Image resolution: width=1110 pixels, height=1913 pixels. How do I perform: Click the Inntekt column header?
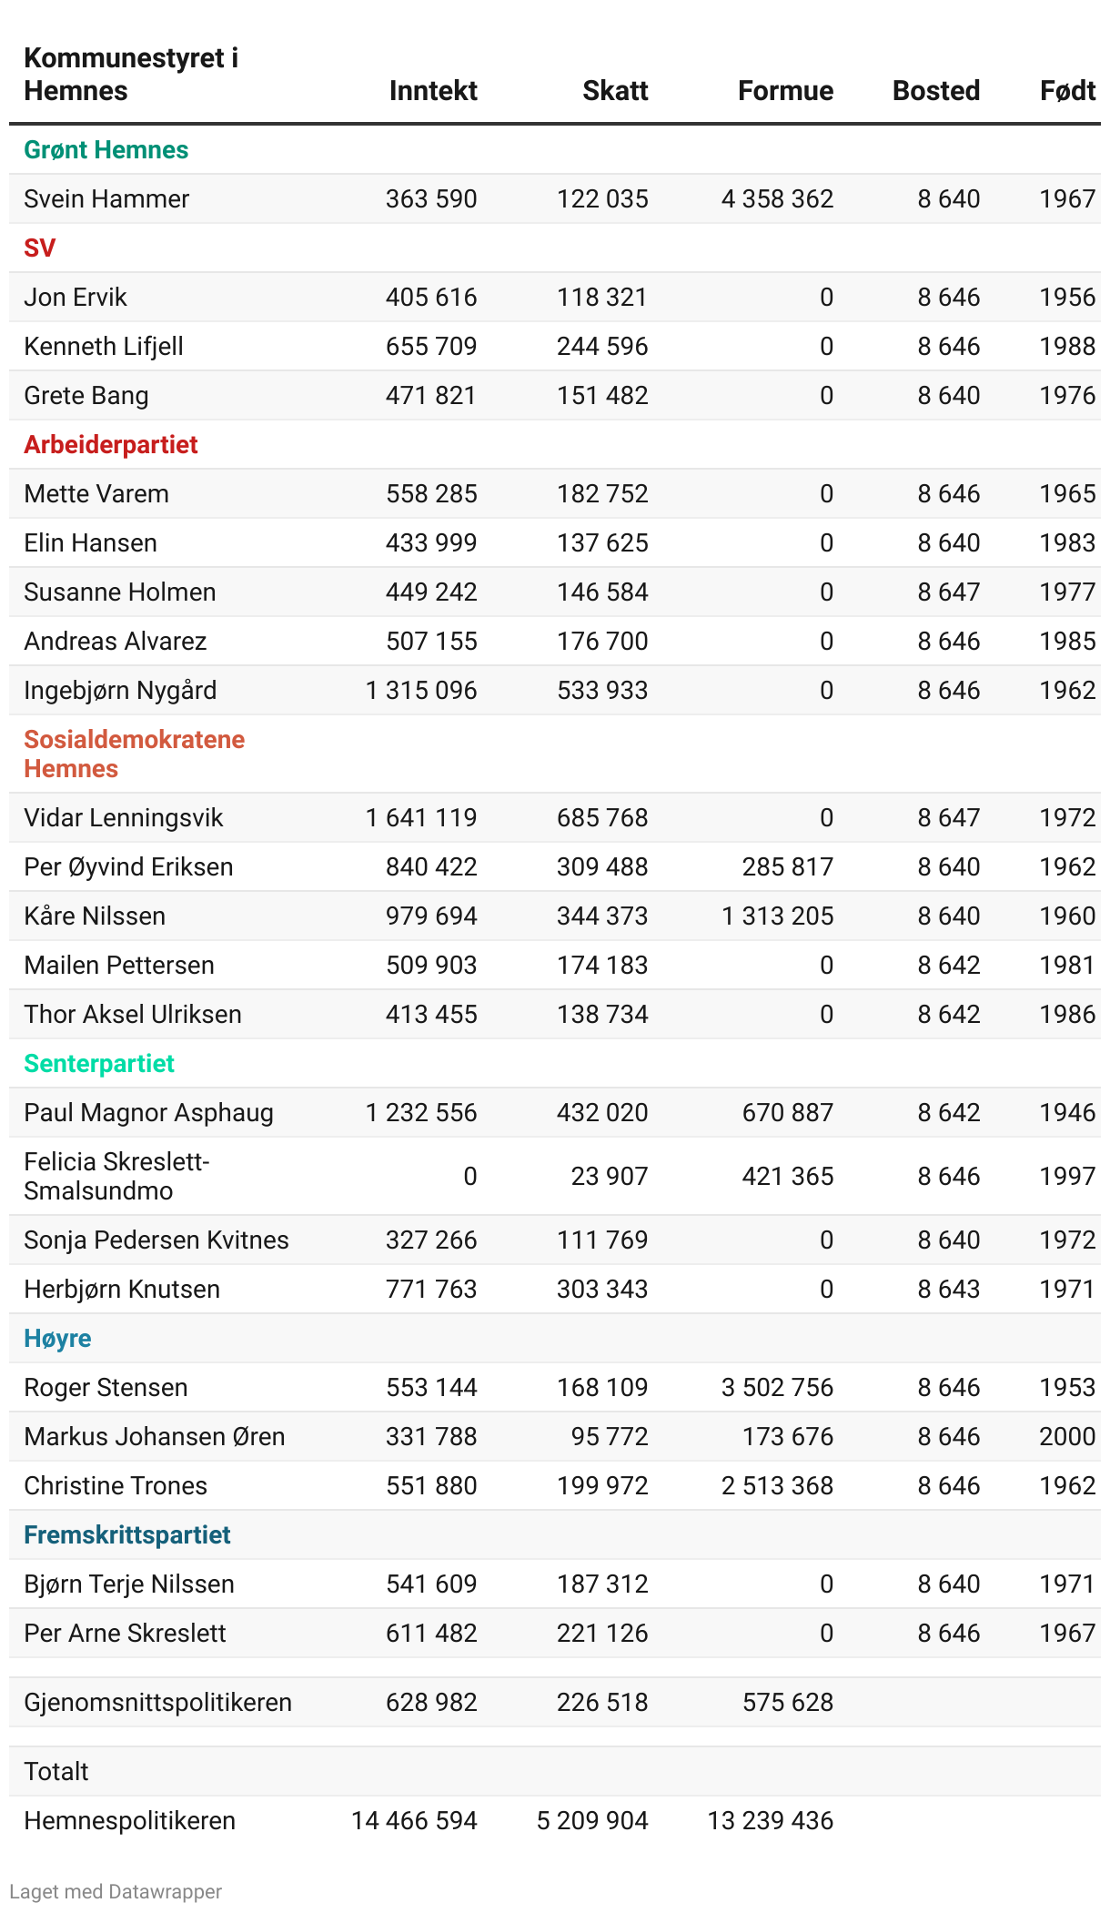pyautogui.click(x=433, y=90)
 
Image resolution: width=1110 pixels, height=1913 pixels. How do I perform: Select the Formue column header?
pyautogui.click(x=785, y=90)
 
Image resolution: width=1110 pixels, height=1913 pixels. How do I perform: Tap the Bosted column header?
pyautogui.click(x=935, y=90)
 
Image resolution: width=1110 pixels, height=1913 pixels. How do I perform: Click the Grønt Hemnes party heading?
pyautogui.click(x=106, y=149)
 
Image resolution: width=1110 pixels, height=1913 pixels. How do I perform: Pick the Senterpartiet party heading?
pyautogui.click(x=99, y=1063)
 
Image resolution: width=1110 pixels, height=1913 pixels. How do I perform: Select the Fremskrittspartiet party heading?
pyautogui.click(x=127, y=1534)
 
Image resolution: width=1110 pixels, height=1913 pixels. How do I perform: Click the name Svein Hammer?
pyautogui.click(x=106, y=198)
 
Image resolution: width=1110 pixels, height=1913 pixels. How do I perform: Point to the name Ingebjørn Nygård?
pyautogui.click(x=120, y=690)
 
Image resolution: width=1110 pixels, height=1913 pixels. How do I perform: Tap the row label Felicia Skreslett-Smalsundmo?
pyautogui.click(x=116, y=1176)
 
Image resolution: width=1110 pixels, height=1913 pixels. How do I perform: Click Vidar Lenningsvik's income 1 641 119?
pyautogui.click(x=421, y=817)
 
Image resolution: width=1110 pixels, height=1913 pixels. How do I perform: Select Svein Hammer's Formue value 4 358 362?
pyautogui.click(x=777, y=198)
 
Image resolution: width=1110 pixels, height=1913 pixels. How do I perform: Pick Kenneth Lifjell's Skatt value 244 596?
pyautogui.click(x=602, y=346)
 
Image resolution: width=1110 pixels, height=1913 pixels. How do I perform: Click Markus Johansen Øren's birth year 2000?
pyautogui.click(x=1067, y=1436)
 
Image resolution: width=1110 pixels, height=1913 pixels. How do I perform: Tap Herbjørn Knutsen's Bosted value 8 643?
pyautogui.click(x=948, y=1289)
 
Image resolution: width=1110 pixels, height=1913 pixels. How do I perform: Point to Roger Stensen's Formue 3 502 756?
pyautogui.click(x=777, y=1387)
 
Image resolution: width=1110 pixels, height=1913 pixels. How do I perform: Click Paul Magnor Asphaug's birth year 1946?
pyautogui.click(x=1067, y=1112)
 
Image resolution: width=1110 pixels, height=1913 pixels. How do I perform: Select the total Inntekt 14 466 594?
pyautogui.click(x=414, y=1820)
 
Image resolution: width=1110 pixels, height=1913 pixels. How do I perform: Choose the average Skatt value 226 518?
pyautogui.click(x=602, y=1702)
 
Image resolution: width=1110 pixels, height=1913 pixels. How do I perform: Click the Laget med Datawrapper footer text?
pyautogui.click(x=116, y=1891)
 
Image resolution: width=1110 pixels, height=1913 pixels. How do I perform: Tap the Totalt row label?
pyautogui.click(x=56, y=1771)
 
